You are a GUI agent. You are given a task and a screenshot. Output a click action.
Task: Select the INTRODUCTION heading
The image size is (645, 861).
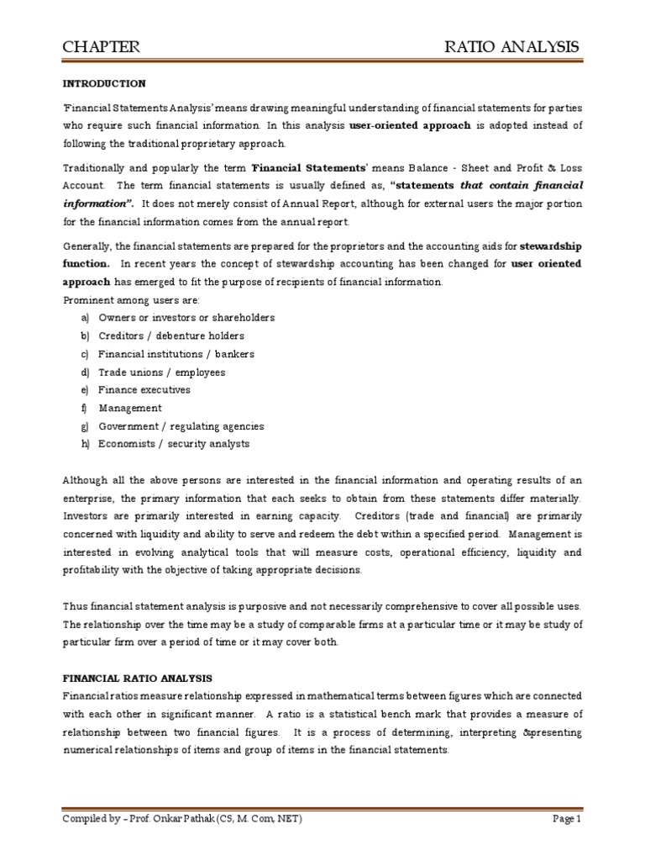(x=104, y=84)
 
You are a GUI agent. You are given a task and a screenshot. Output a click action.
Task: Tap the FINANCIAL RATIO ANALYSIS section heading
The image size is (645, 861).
(x=138, y=678)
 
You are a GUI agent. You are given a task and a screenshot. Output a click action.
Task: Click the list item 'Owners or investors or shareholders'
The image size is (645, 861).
(x=186, y=318)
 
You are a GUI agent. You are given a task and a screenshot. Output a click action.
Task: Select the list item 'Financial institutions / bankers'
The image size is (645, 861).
(x=176, y=354)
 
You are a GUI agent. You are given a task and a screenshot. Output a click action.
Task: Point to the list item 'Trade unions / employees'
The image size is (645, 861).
(x=161, y=372)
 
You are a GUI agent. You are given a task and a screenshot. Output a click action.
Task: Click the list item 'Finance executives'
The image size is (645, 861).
(x=144, y=390)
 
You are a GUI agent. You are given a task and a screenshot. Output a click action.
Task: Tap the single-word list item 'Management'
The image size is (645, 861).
(x=130, y=409)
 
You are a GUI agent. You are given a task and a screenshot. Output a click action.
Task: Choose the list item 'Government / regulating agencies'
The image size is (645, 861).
(x=181, y=426)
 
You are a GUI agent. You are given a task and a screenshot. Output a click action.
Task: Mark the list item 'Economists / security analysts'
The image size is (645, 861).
(x=174, y=444)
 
